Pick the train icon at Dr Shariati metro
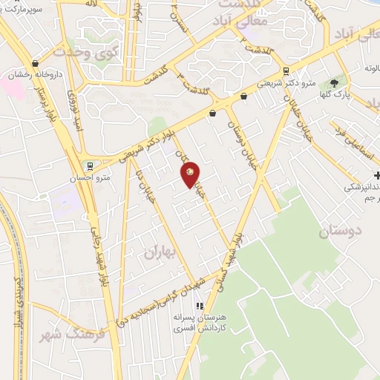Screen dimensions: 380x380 286,72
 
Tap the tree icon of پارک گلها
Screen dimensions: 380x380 333,83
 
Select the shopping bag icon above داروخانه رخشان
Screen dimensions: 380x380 36,64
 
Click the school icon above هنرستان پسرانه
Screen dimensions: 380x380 199,306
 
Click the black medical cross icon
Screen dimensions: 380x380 378,175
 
